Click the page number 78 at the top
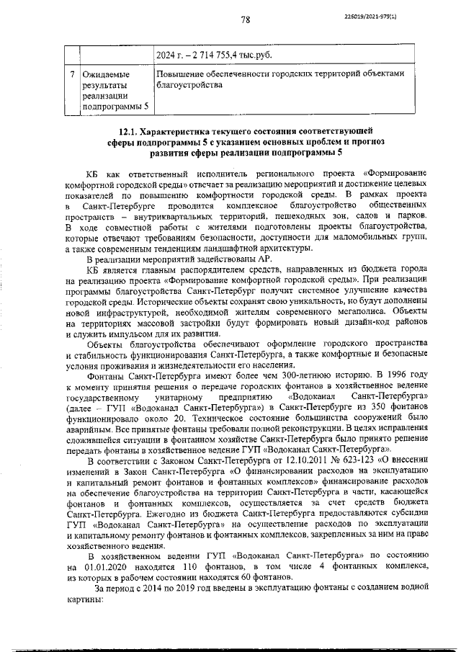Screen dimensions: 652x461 point(245,20)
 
